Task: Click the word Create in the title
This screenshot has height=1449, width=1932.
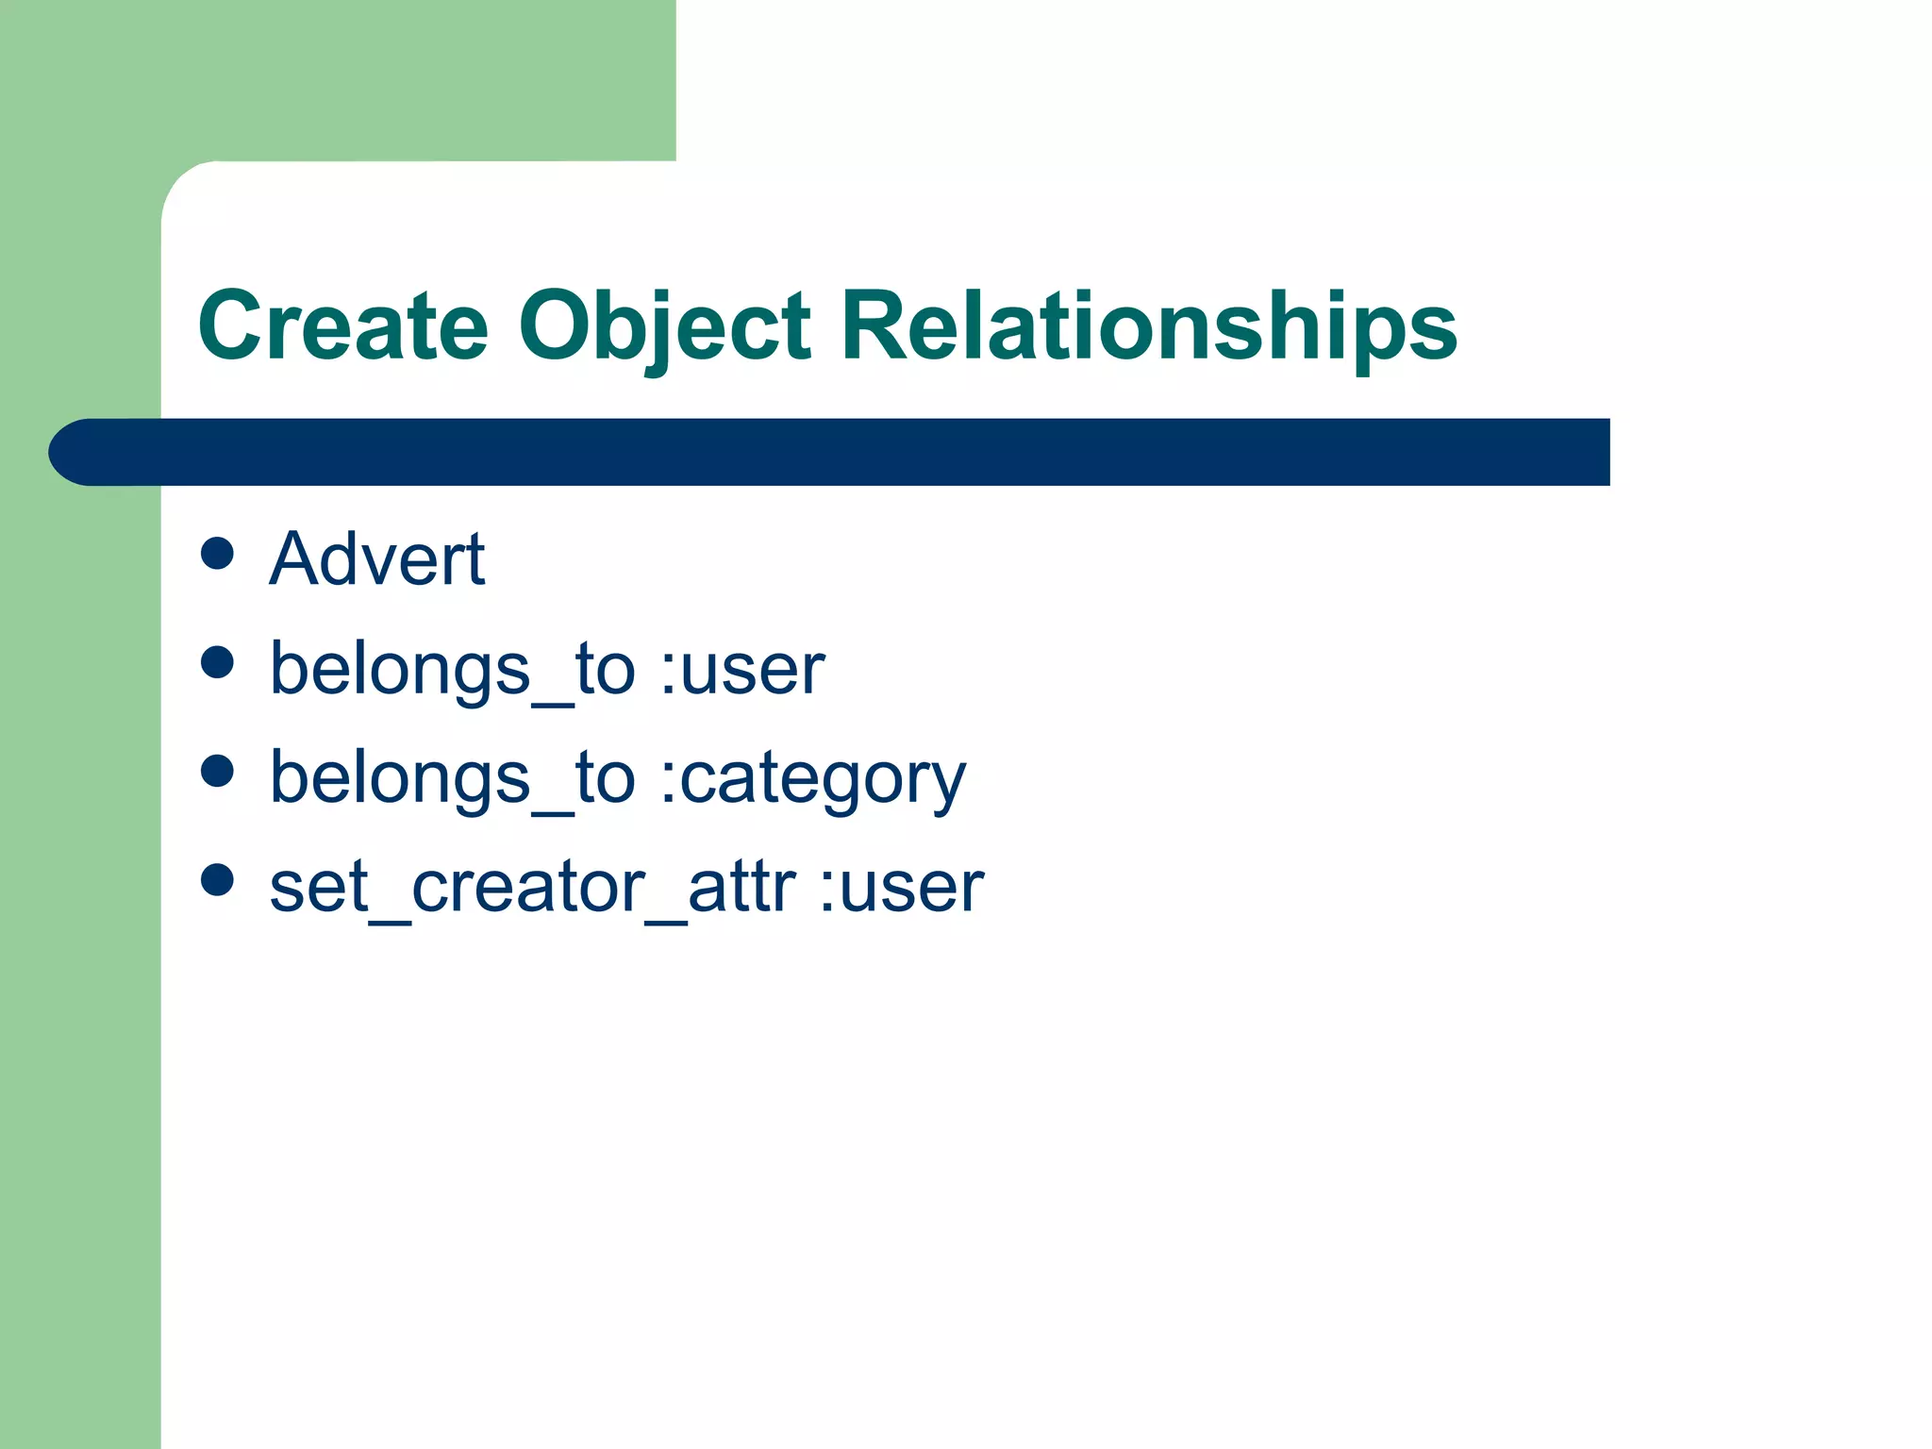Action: pyautogui.click(x=343, y=326)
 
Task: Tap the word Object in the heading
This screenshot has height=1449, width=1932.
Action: pyautogui.click(x=664, y=326)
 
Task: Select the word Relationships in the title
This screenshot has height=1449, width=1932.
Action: pyautogui.click(x=1149, y=326)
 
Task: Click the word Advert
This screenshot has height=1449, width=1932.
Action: pyautogui.click(x=377, y=559)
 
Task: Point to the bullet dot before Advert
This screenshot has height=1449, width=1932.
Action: pyautogui.click(x=217, y=554)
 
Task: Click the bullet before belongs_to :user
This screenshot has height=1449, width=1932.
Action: pyautogui.click(x=217, y=662)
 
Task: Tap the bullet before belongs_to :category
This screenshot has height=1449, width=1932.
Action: pyautogui.click(x=217, y=771)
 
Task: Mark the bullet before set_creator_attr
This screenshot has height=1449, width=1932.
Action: pyautogui.click(x=217, y=879)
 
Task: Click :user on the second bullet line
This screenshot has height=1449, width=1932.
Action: pyautogui.click(x=742, y=670)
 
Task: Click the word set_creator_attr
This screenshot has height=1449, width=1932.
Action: pyautogui.click(x=533, y=888)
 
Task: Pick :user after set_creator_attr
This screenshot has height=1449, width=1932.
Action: pyautogui.click(x=902, y=888)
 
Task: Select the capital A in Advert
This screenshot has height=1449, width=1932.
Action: pyautogui.click(x=294, y=559)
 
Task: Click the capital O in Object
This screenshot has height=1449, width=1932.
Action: pyautogui.click(x=558, y=326)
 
